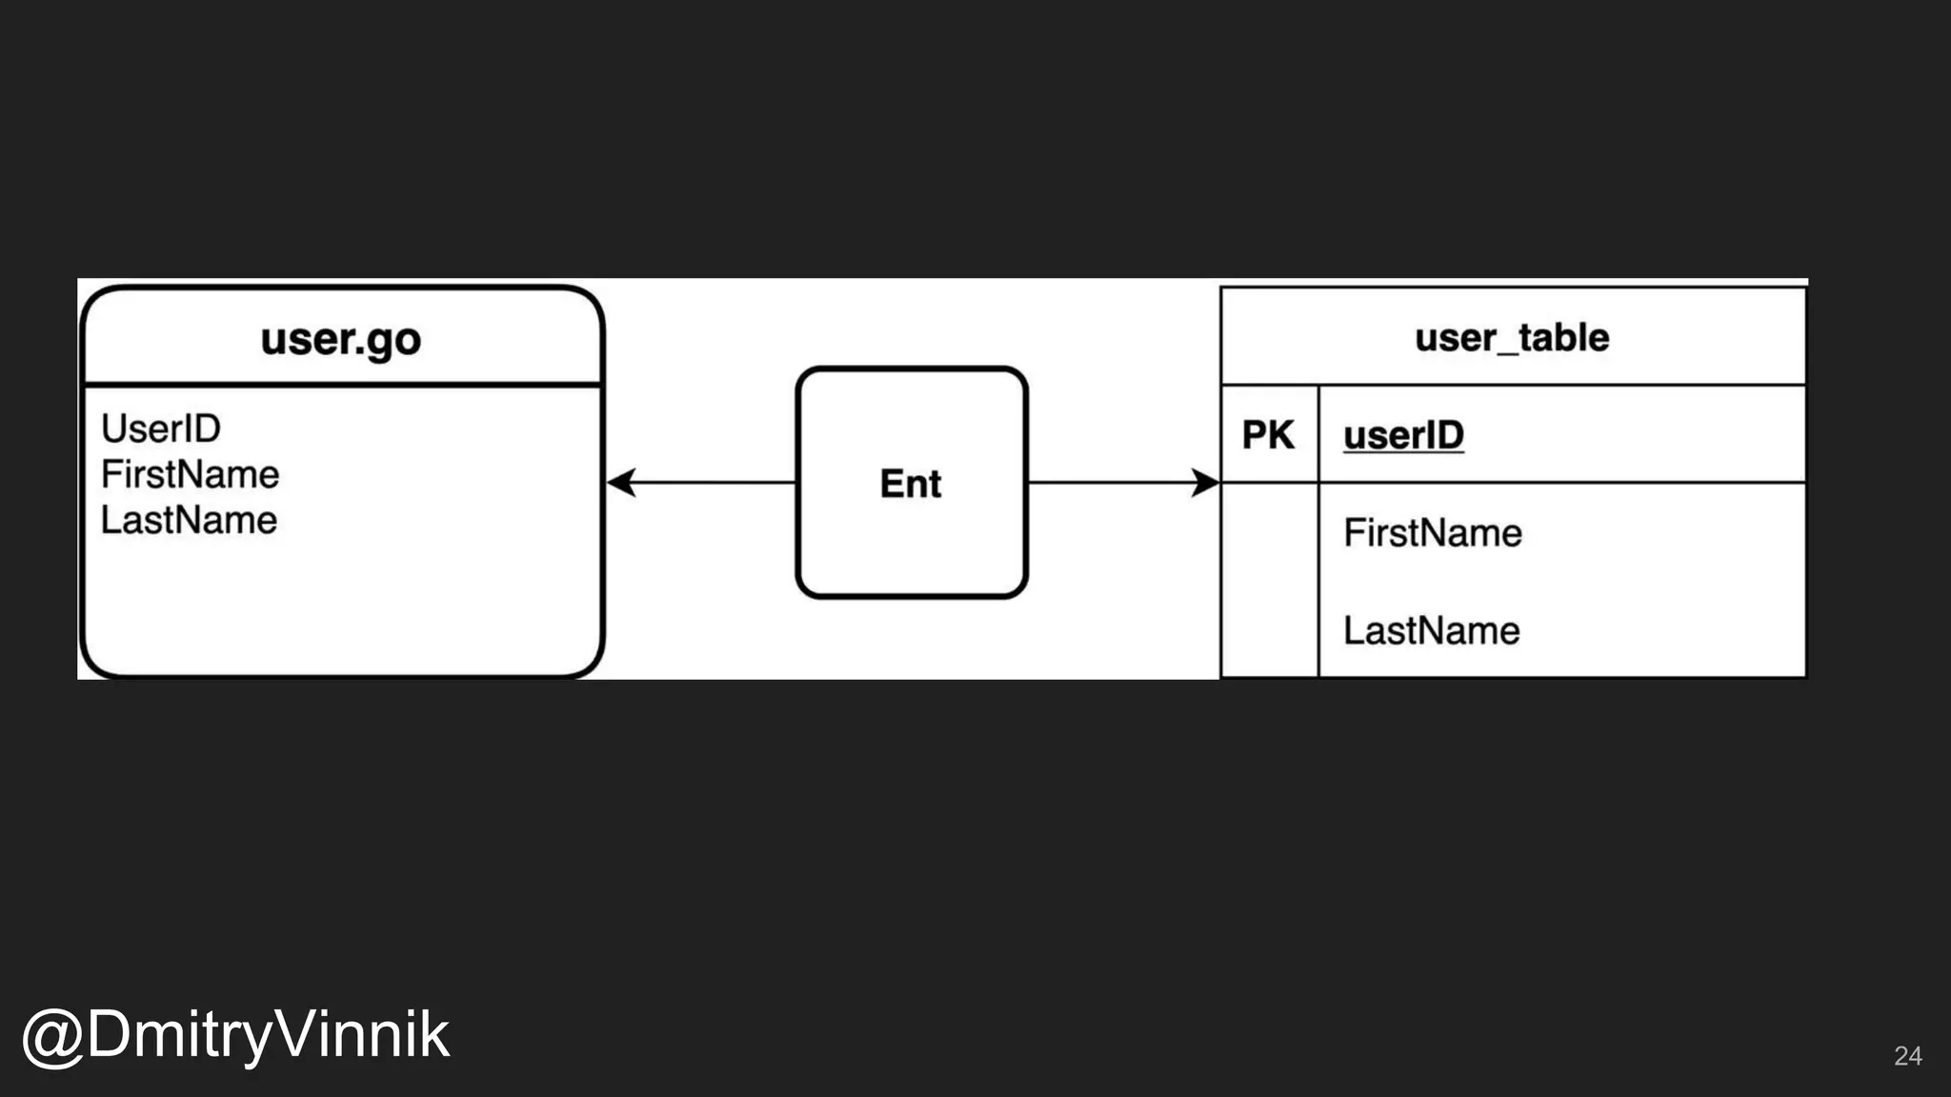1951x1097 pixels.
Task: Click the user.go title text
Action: [340, 339]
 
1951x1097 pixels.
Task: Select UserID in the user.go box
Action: [161, 429]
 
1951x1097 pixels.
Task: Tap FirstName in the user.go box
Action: [190, 474]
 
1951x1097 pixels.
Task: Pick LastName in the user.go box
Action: [189, 520]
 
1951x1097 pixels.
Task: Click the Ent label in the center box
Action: [910, 484]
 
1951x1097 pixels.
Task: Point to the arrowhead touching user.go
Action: [620, 483]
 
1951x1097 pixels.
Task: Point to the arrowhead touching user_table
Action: [1206, 483]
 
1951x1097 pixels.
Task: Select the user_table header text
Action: [1512, 337]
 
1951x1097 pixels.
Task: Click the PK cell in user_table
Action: [1268, 435]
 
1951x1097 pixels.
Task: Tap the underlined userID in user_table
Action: [1403, 435]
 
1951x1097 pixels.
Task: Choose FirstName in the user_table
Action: [1432, 532]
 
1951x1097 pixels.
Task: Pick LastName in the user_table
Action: [1431, 630]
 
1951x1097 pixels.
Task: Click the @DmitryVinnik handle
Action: [235, 1035]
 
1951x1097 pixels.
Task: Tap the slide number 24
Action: [1907, 1055]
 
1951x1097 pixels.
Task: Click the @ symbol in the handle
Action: [51, 1037]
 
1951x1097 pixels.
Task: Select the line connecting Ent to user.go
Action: [714, 483]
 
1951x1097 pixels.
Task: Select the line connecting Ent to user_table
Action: [1110, 483]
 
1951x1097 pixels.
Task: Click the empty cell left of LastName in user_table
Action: [1269, 630]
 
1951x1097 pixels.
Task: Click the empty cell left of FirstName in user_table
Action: [1269, 532]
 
